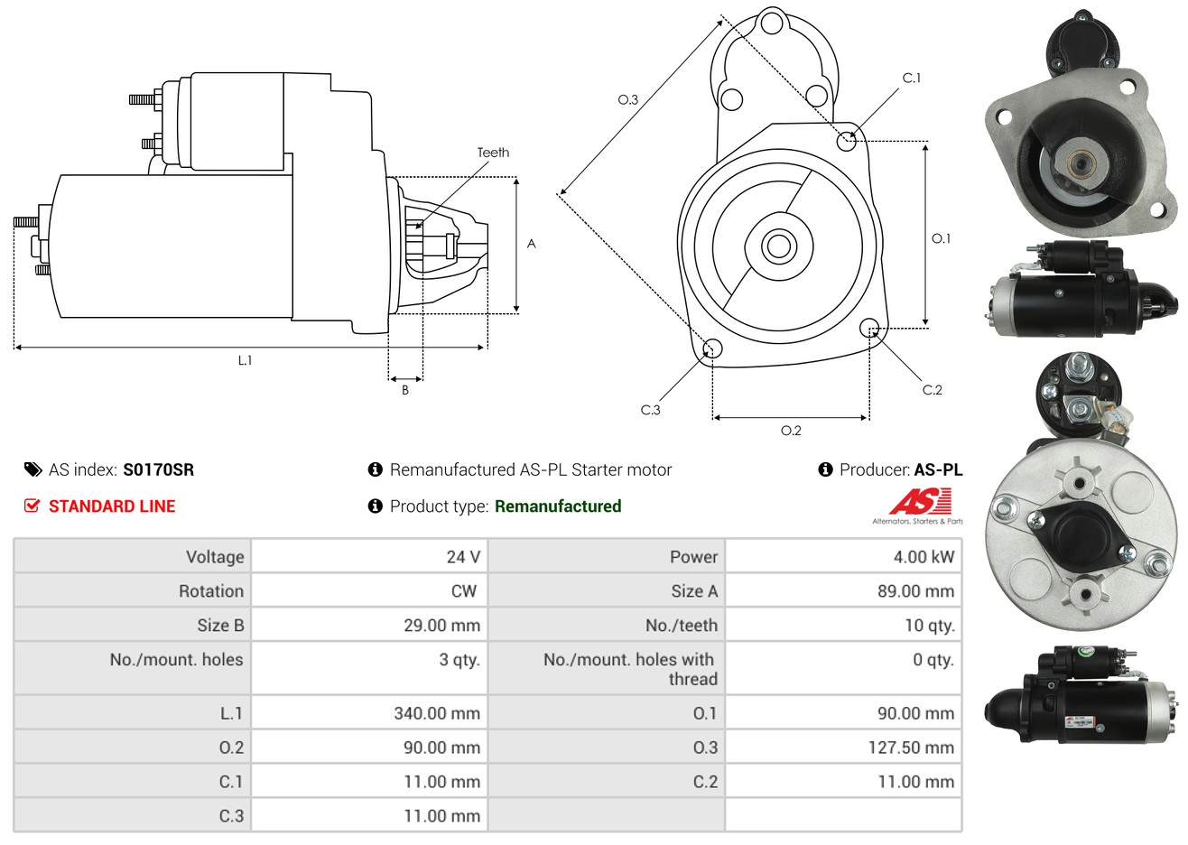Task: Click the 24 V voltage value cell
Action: point(463,556)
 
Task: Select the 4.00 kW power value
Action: point(923,556)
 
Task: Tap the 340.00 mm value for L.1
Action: point(437,713)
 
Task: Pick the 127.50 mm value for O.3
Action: point(911,747)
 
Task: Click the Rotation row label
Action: point(211,591)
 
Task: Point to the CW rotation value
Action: point(463,591)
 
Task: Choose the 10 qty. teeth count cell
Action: point(930,626)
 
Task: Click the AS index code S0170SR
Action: point(159,470)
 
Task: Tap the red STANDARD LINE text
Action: point(112,506)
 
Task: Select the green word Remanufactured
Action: point(558,506)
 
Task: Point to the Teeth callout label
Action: point(493,153)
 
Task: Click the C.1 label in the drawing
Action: point(912,78)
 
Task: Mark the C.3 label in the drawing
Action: point(650,410)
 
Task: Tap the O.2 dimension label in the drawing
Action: point(791,431)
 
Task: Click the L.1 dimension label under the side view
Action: point(245,361)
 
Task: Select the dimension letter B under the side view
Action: point(405,390)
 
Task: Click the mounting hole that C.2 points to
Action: point(869,328)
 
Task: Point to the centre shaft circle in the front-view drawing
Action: point(778,246)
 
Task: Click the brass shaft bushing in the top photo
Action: point(1079,164)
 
